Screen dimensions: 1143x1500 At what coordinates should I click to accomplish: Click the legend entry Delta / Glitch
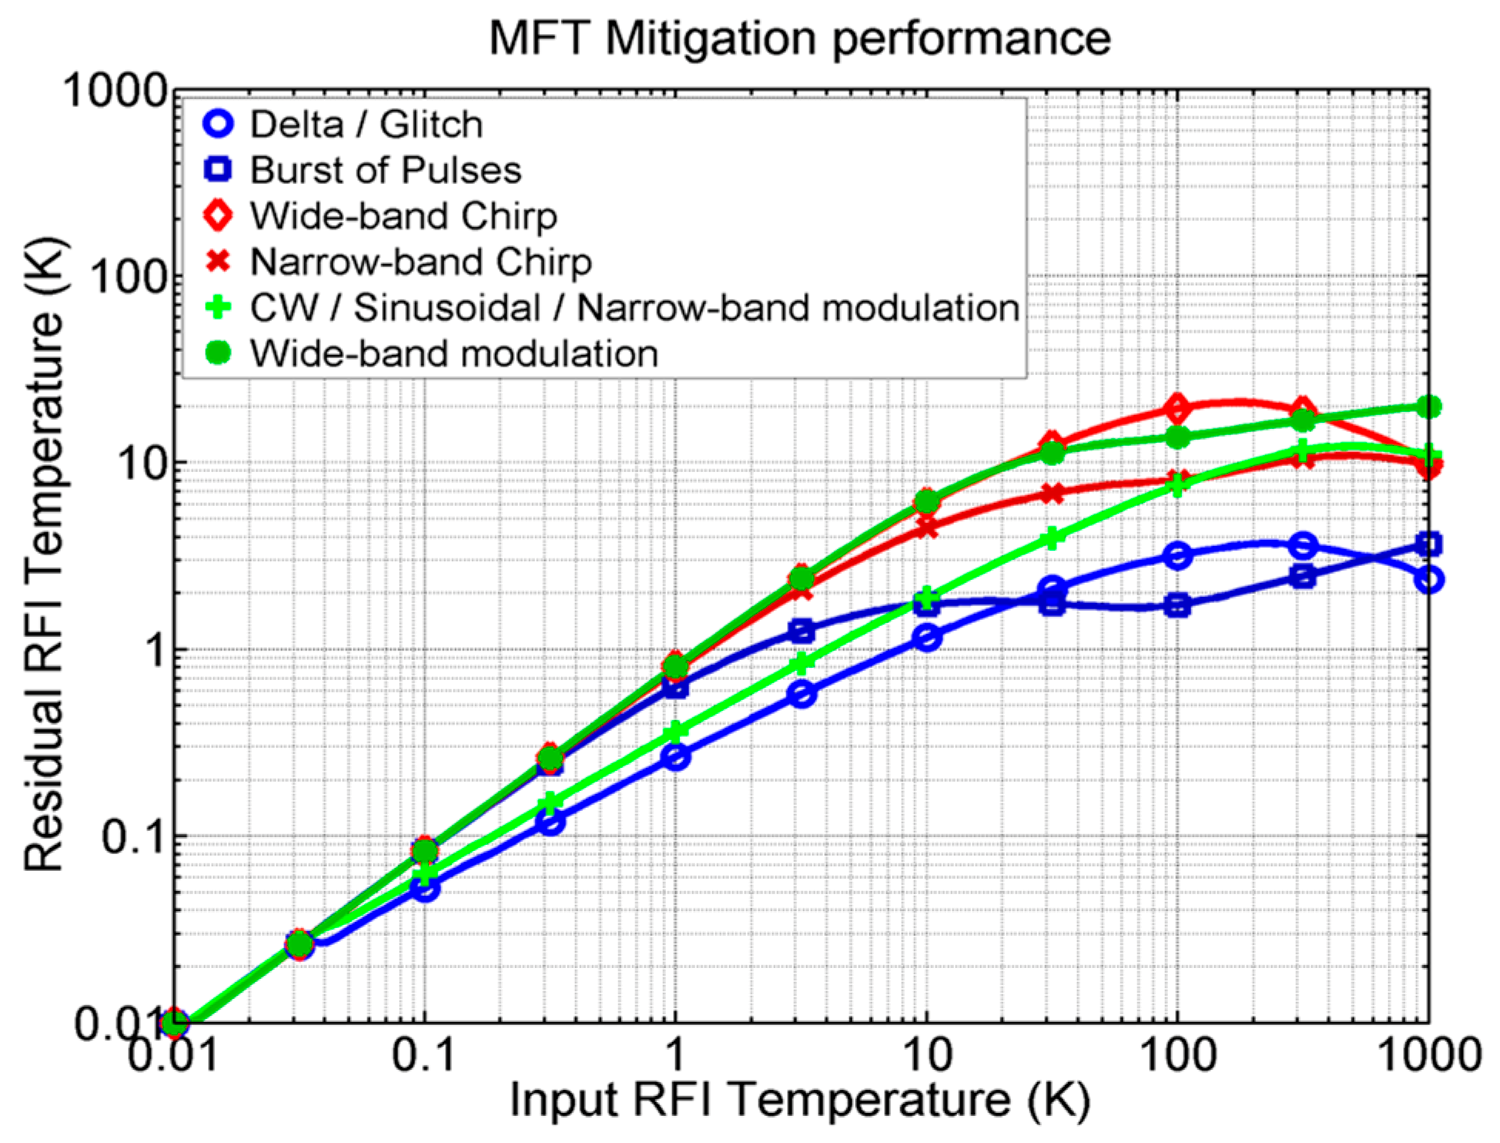pos(366,125)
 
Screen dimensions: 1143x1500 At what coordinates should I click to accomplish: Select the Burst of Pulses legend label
pos(385,170)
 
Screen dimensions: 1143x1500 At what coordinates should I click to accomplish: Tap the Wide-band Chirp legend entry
pos(403,216)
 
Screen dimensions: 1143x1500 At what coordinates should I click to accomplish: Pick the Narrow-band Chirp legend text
pos(420,263)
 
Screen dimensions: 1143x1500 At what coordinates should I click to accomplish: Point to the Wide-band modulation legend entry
pos(454,354)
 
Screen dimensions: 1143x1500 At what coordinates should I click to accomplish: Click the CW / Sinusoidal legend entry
pos(634,308)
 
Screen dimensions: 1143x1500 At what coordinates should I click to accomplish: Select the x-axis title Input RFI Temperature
pos(799,1099)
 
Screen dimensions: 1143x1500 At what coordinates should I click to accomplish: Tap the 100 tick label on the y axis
pos(128,277)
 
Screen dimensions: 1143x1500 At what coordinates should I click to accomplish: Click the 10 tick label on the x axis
pos(926,1054)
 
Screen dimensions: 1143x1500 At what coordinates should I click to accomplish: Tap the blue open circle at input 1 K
pos(675,758)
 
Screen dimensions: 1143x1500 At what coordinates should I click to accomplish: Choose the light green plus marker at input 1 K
pos(675,730)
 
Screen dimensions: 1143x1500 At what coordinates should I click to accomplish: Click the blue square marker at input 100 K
pos(1177,606)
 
